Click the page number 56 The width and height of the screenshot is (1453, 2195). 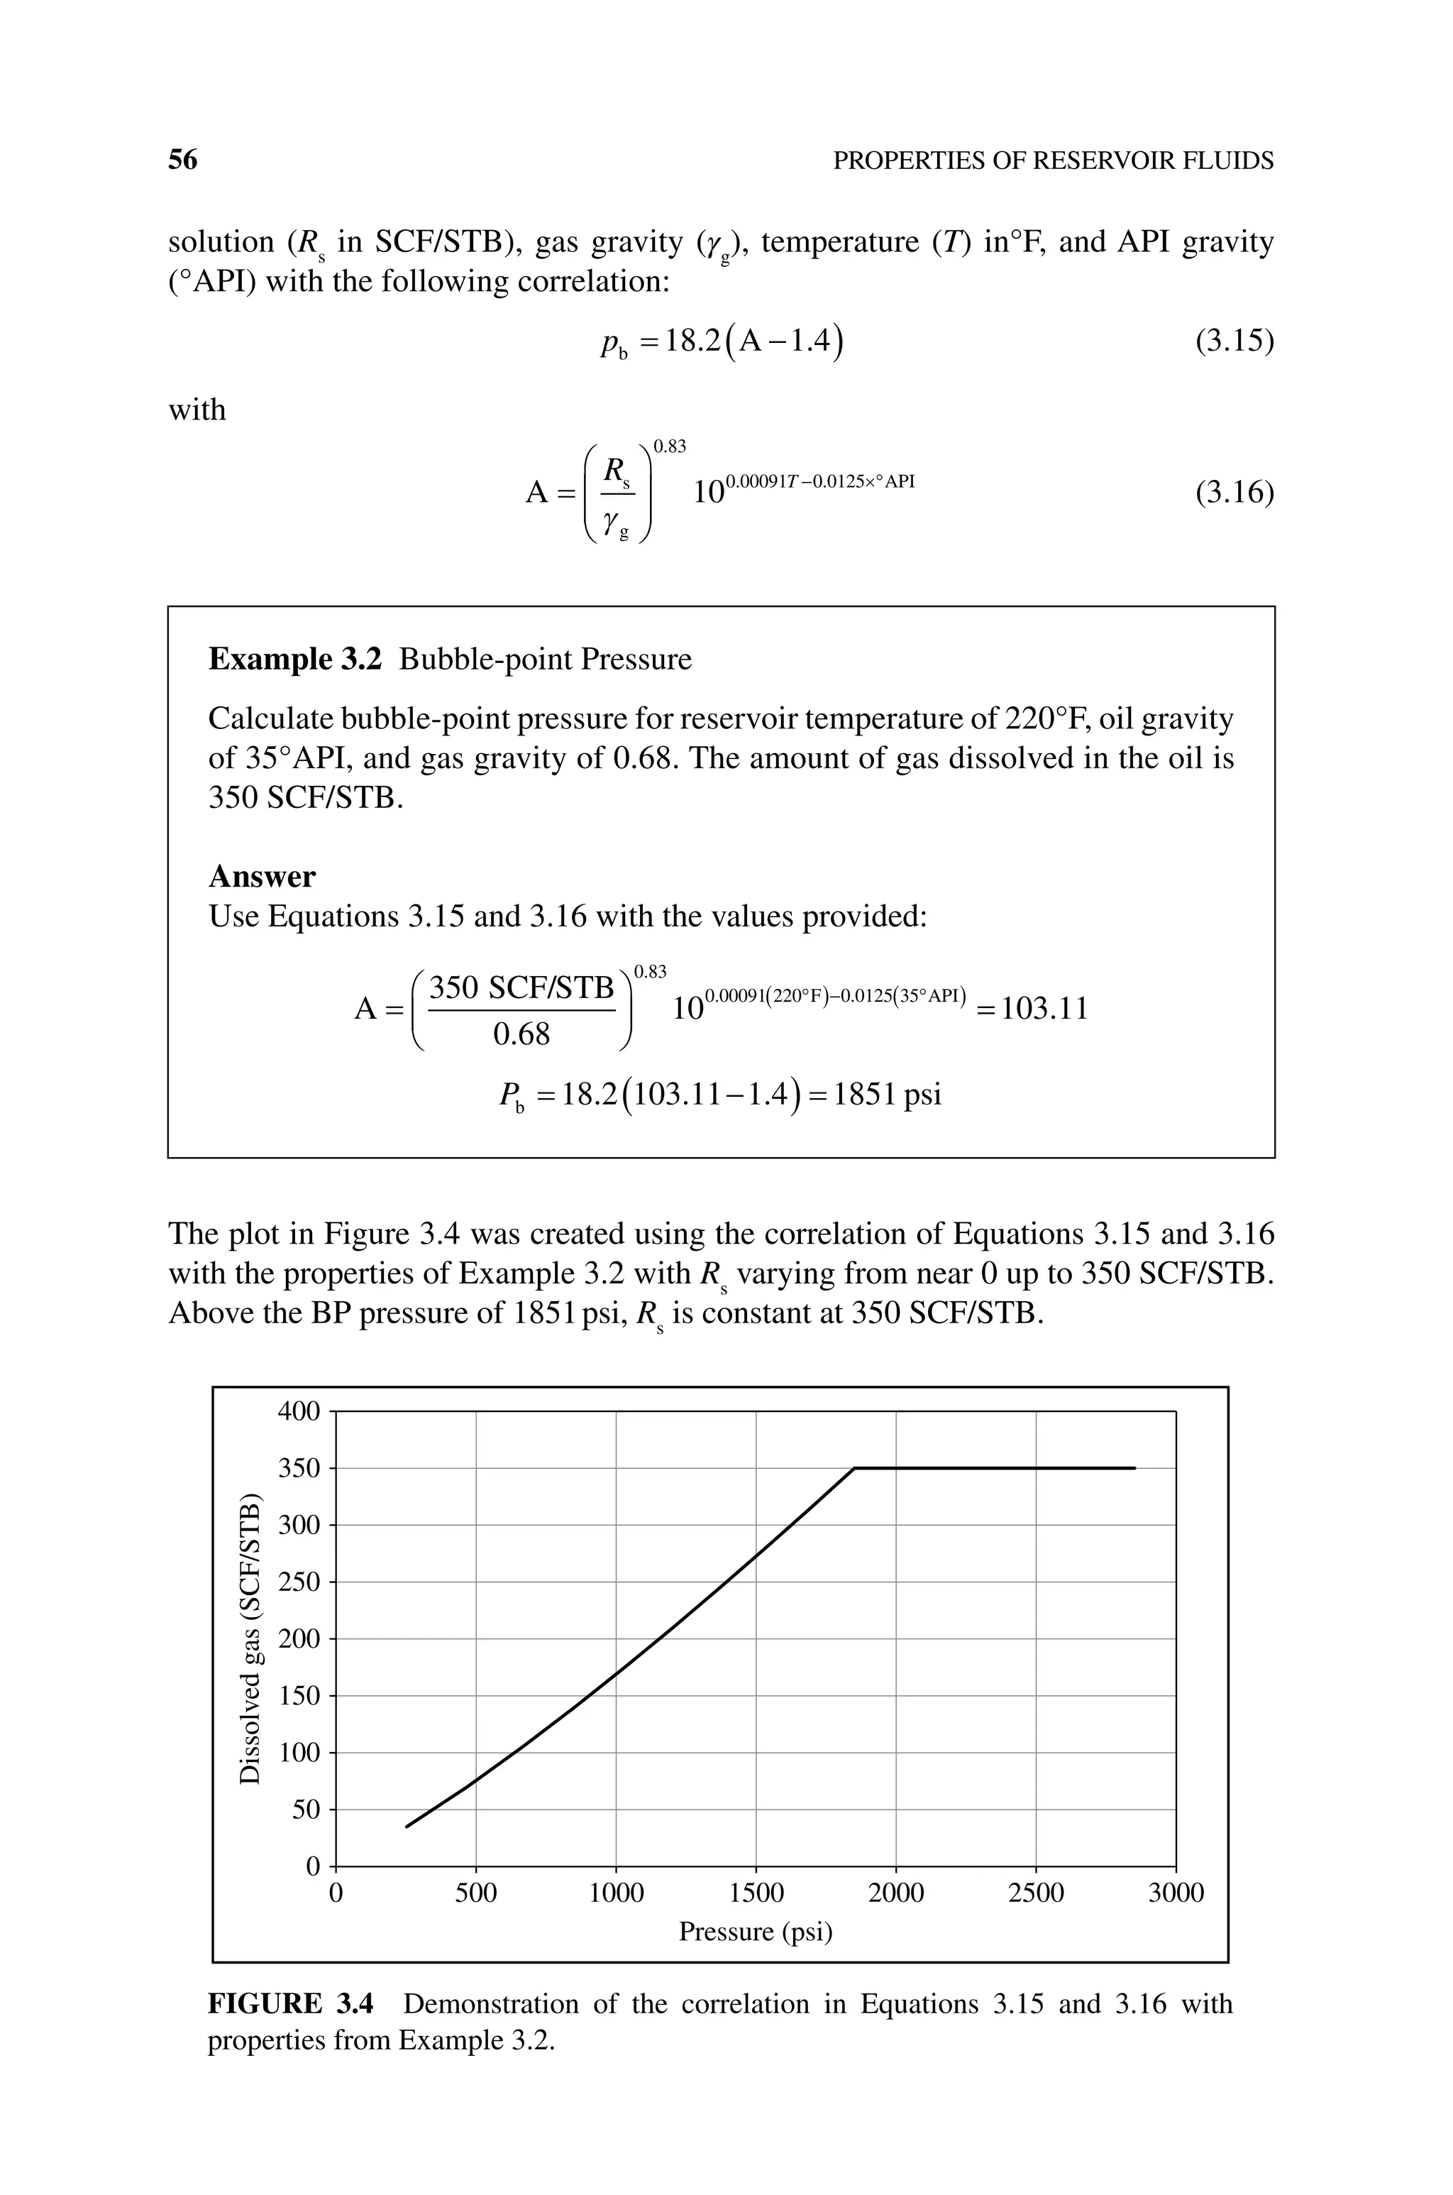(x=182, y=160)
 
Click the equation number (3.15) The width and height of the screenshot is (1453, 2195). (x=1234, y=342)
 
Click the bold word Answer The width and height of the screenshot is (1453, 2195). (x=263, y=876)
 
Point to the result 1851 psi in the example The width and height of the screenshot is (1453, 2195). (x=887, y=1095)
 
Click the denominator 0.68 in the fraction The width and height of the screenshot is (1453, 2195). (x=521, y=1034)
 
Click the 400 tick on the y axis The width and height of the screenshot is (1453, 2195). (x=299, y=1412)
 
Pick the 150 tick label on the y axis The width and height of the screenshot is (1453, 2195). (x=299, y=1697)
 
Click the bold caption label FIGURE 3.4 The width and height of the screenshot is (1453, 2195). (x=291, y=2004)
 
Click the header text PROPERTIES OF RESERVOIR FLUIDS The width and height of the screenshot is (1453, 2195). (x=1054, y=161)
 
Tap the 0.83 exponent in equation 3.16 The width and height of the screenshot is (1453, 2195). (x=669, y=447)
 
